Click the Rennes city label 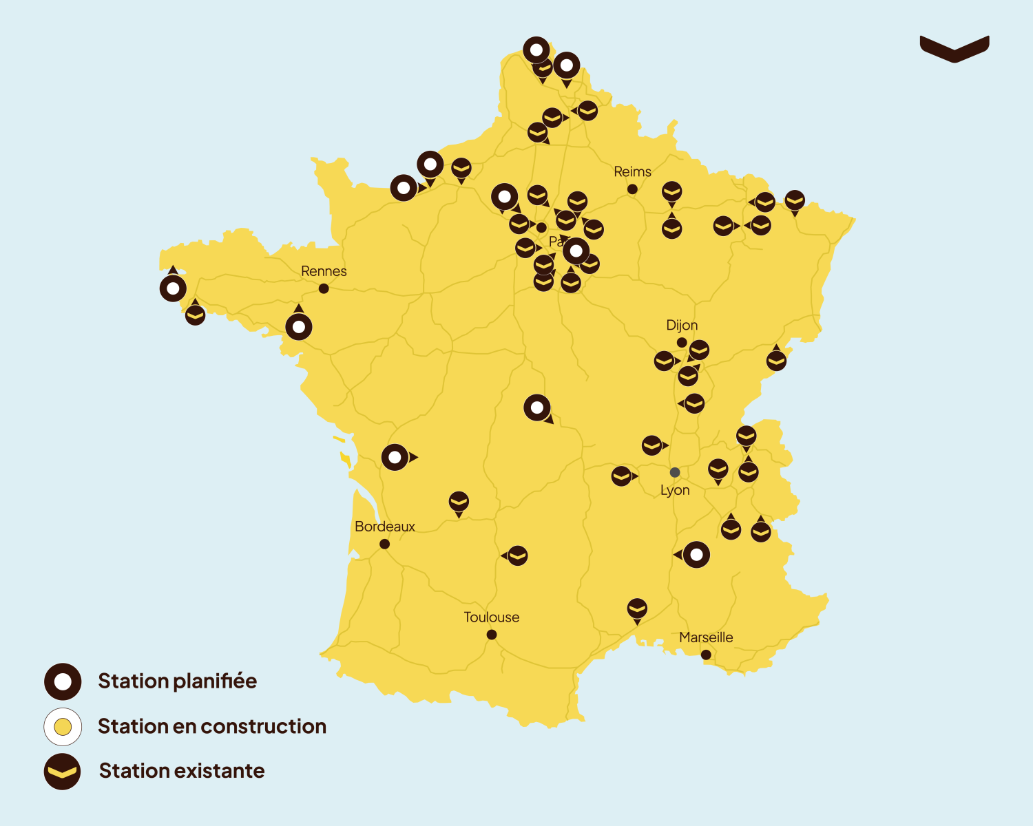click(x=324, y=271)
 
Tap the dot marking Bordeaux click(x=384, y=544)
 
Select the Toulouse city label click(x=491, y=617)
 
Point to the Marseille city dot click(x=706, y=655)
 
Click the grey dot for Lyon click(x=675, y=472)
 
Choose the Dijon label click(x=682, y=326)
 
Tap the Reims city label click(x=632, y=172)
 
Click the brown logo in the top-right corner click(x=954, y=48)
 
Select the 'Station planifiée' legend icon click(x=63, y=681)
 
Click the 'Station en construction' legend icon click(x=63, y=726)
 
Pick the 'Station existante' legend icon click(x=63, y=771)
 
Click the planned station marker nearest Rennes click(x=299, y=327)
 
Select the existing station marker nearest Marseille click(x=637, y=608)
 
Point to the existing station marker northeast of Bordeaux click(x=459, y=502)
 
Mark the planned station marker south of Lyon click(x=696, y=554)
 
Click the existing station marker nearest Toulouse click(x=517, y=555)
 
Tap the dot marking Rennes click(x=324, y=288)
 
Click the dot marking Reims click(x=632, y=189)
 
